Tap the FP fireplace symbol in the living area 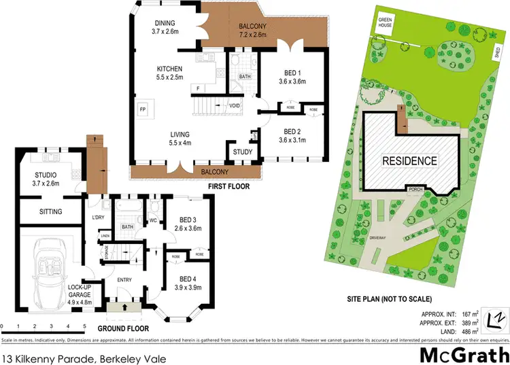[x=143, y=109]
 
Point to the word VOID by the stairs [x=235, y=105]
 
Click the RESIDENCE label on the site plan [x=409, y=161]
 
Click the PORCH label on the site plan [x=414, y=189]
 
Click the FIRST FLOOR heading [x=228, y=186]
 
